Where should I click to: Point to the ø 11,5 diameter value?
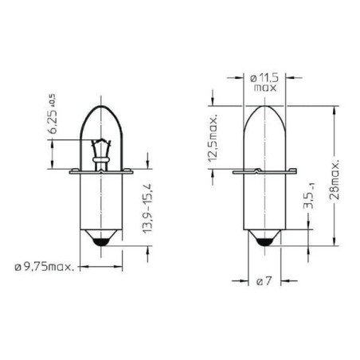264,77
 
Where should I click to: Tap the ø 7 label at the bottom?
264,281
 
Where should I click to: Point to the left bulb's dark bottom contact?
99,240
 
